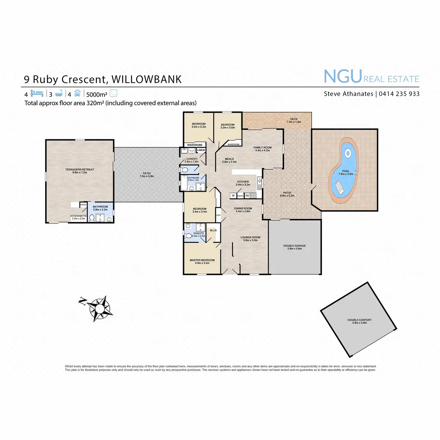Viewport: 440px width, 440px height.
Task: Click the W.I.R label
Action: point(213,231)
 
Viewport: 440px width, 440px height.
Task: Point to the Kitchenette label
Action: point(78,216)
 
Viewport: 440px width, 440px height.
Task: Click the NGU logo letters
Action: point(343,77)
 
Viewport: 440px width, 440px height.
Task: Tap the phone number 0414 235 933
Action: point(399,94)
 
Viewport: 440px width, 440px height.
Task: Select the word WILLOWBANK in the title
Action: point(146,80)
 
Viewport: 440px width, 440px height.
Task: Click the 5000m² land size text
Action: point(96,94)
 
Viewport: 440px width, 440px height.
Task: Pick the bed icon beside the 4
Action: point(37,93)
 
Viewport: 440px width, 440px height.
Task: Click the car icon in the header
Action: point(77,93)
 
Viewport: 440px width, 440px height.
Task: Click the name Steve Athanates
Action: point(348,94)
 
